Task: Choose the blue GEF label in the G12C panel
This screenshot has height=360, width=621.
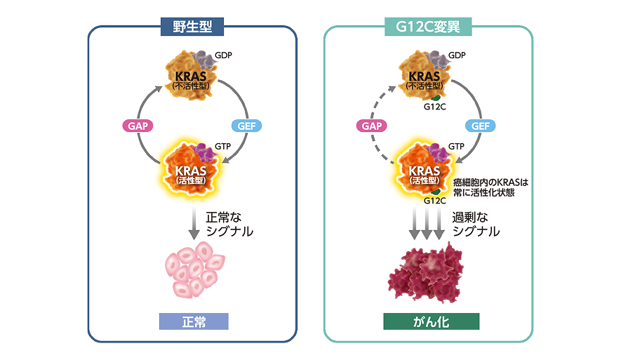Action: click(x=481, y=126)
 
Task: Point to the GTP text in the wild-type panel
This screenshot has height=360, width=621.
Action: click(x=225, y=146)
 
